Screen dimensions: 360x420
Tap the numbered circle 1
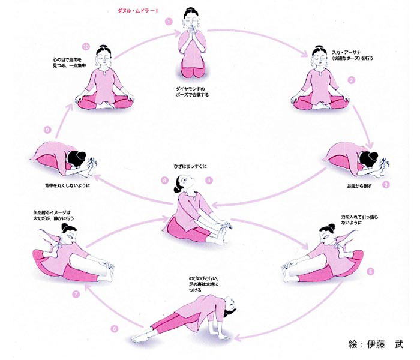(169, 21)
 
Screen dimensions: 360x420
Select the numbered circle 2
(352, 79)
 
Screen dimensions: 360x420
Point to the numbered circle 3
(386, 185)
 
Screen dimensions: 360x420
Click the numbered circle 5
(370, 271)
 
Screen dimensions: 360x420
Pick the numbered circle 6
(114, 329)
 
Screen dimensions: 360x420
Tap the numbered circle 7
(76, 294)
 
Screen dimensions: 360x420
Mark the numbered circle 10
(86, 46)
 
